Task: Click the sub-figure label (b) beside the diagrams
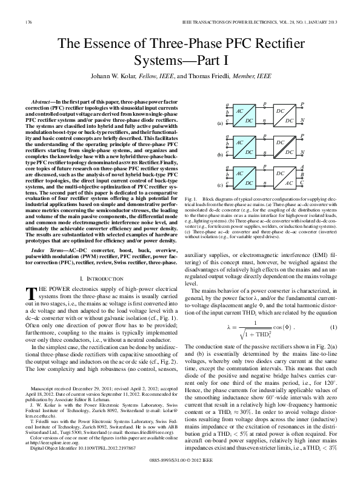219,155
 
